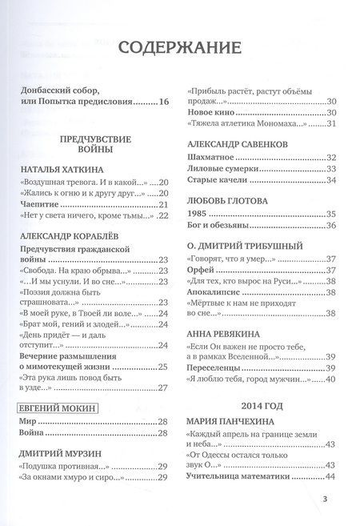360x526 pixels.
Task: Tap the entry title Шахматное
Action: pyautogui.click(x=213, y=157)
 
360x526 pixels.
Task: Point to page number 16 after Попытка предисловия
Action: pyautogui.click(x=165, y=102)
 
